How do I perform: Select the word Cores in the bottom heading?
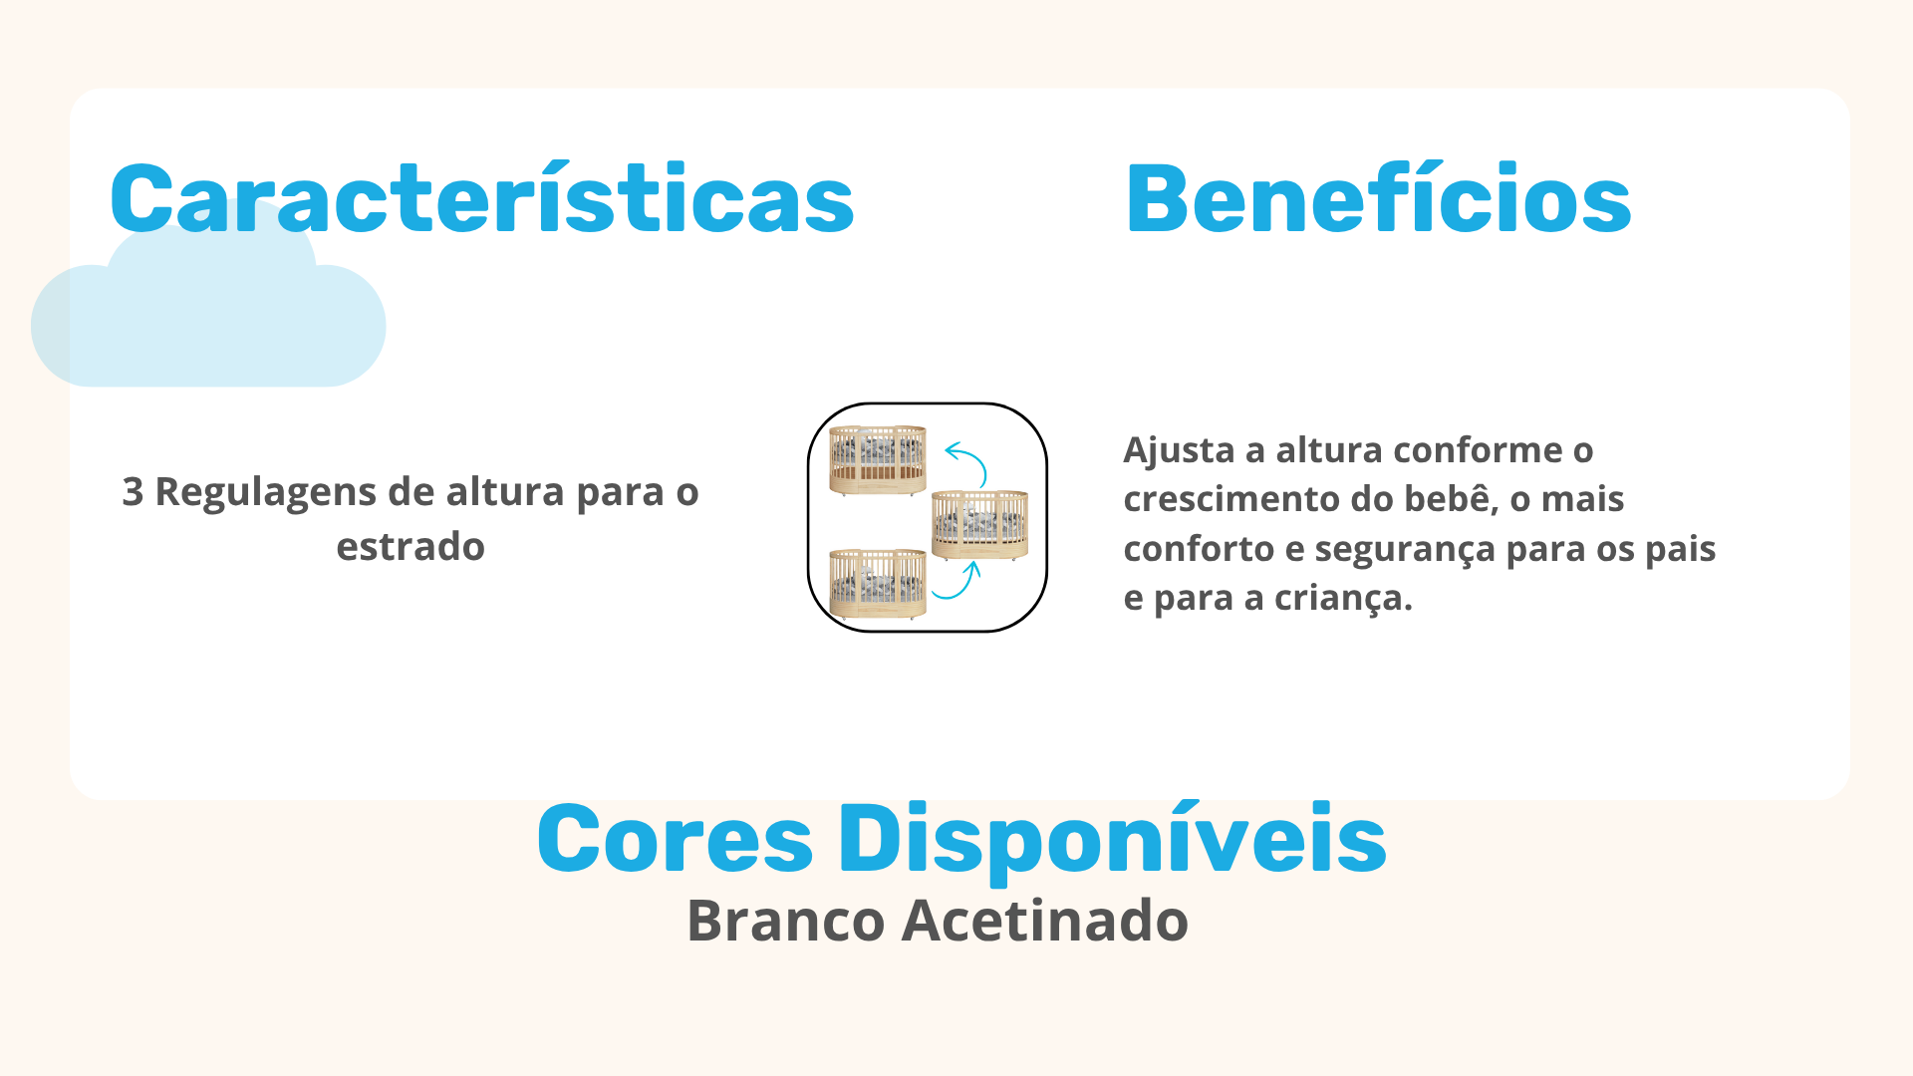676,839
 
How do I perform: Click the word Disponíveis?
1112,841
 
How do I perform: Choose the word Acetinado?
1045,921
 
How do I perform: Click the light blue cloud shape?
208,299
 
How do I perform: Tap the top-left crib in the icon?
878,459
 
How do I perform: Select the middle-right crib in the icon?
980,524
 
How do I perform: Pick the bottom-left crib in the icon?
878,584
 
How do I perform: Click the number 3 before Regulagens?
133,492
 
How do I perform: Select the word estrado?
410,547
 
